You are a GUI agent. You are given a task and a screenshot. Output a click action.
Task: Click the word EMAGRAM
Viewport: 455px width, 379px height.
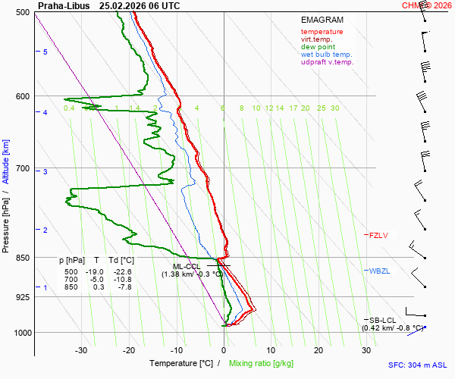coord(322,20)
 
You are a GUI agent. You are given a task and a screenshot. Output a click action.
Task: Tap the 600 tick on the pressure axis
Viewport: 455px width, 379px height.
coord(22,96)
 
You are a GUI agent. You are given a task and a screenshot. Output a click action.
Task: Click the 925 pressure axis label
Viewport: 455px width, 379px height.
coord(22,297)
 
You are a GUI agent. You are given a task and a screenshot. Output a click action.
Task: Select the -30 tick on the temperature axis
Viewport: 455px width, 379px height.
coord(81,350)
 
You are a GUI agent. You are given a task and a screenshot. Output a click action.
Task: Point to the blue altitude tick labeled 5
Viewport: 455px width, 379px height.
coord(45,52)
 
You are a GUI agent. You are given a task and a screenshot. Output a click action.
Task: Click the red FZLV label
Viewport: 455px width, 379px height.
coord(378,236)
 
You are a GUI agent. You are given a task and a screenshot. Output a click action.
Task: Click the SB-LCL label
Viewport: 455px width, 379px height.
coord(383,320)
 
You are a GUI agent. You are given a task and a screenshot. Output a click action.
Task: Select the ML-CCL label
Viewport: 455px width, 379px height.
coord(186,266)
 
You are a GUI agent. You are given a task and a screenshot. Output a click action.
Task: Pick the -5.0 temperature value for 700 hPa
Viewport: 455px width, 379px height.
coord(96,280)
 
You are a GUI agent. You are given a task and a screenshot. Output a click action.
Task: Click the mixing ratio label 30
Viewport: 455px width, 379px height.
coord(334,108)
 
